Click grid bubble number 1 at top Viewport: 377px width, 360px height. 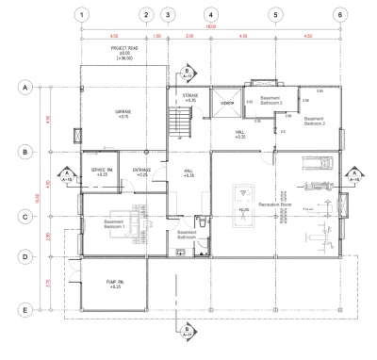click(83, 15)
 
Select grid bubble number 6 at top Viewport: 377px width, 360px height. click(338, 15)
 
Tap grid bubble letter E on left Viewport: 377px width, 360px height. click(22, 308)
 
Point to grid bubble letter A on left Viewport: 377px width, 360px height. click(22, 87)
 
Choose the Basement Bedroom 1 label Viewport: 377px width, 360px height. click(116, 225)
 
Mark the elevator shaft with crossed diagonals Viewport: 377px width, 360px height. click(226, 102)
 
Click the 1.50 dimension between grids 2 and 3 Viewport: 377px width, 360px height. click(156, 37)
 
